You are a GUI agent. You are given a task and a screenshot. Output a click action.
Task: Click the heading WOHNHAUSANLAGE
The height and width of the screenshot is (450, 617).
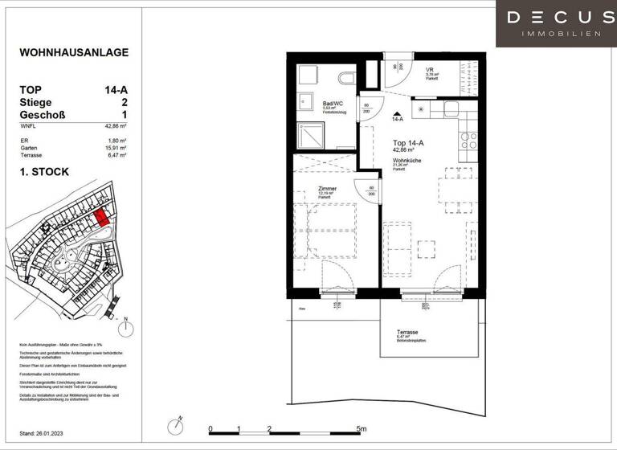tap(74, 53)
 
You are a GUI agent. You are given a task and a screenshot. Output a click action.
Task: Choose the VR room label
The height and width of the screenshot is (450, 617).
tap(430, 70)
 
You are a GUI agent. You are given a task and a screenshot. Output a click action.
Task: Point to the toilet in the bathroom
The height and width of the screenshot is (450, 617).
tap(346, 77)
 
